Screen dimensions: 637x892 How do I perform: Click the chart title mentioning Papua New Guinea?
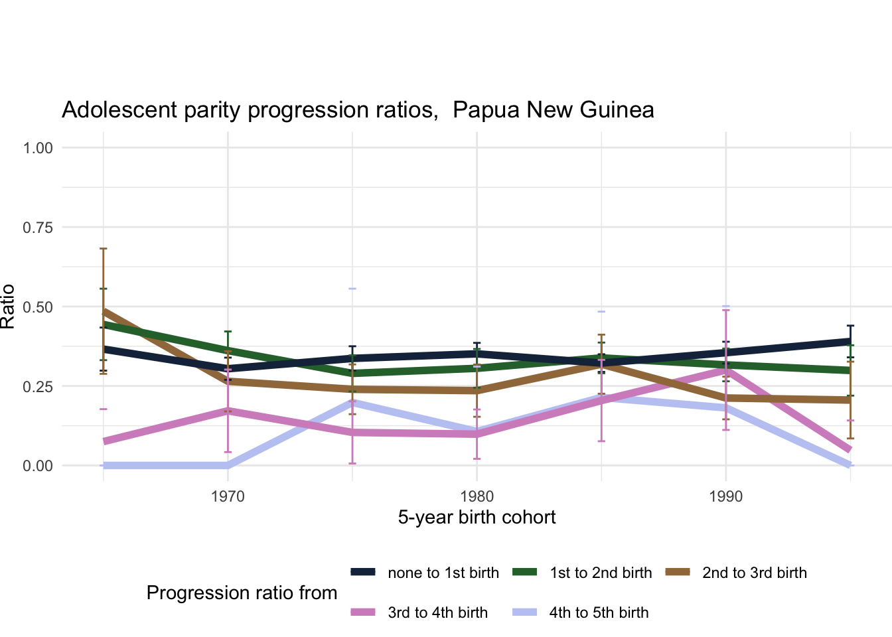pyautogui.click(x=358, y=109)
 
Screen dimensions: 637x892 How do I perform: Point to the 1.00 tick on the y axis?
pyautogui.click(x=38, y=148)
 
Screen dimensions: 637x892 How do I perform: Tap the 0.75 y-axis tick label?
pyautogui.click(x=38, y=228)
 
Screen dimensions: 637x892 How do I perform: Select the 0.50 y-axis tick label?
pyautogui.click(x=38, y=307)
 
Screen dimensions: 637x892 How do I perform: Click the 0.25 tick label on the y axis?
pyautogui.click(x=38, y=387)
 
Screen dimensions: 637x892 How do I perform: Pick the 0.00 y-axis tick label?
pyautogui.click(x=38, y=466)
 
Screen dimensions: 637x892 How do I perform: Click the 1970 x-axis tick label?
pyautogui.click(x=228, y=496)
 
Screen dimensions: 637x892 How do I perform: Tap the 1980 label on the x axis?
pyautogui.click(x=477, y=496)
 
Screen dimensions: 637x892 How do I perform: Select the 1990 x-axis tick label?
pyautogui.click(x=725, y=496)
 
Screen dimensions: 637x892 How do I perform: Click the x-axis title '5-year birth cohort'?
pyautogui.click(x=477, y=517)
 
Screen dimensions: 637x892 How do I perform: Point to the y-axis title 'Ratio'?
pyautogui.click(x=8, y=307)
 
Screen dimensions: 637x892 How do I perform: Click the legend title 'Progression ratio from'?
pyautogui.click(x=242, y=593)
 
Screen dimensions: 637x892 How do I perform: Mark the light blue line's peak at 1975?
pyautogui.click(x=352, y=401)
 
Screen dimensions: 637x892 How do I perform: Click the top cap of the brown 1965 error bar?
pyautogui.click(x=104, y=248)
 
